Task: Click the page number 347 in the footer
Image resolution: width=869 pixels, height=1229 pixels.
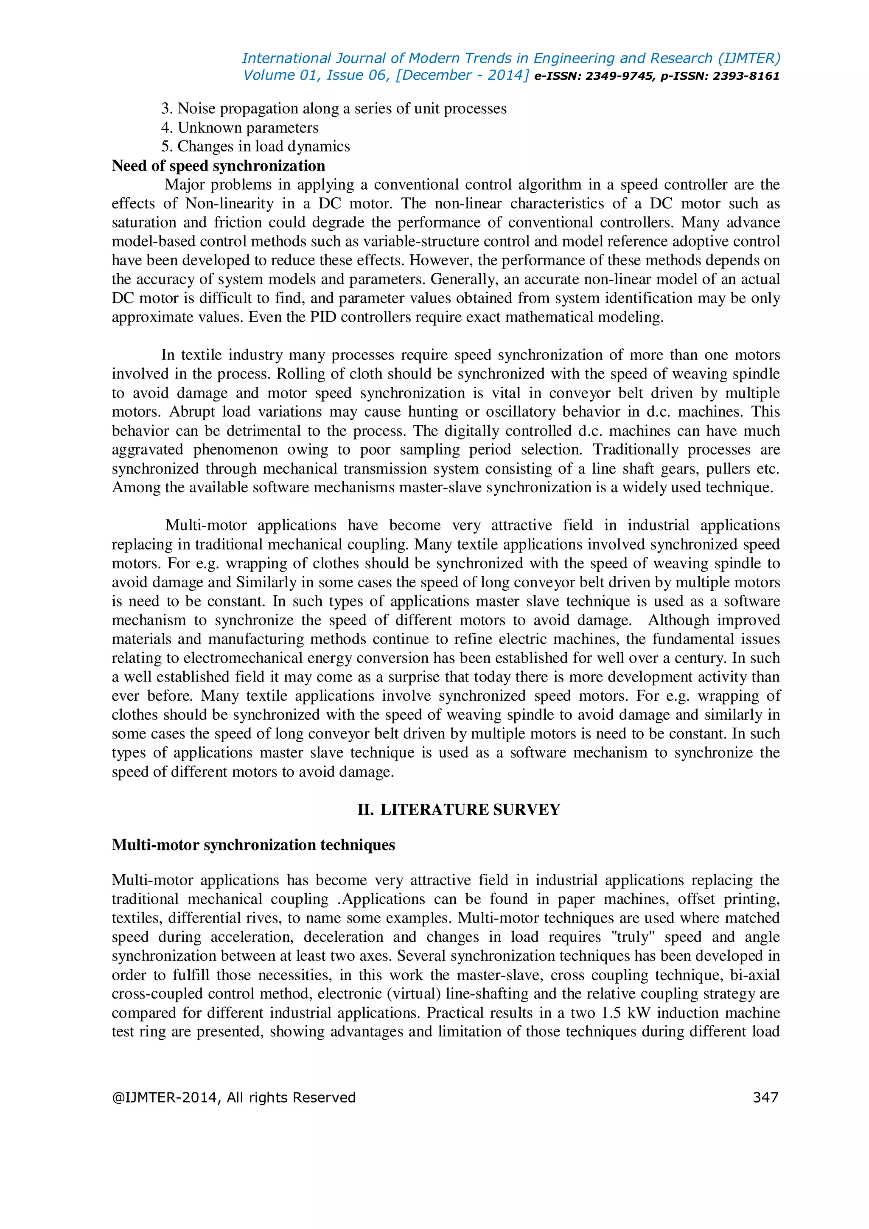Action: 765,1098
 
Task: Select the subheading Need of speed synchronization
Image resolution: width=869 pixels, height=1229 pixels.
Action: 219,166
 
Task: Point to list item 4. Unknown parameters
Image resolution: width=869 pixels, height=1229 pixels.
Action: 240,128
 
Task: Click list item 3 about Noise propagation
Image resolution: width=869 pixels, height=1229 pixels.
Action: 334,109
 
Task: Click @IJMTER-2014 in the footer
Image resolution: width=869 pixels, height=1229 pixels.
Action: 165,1098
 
